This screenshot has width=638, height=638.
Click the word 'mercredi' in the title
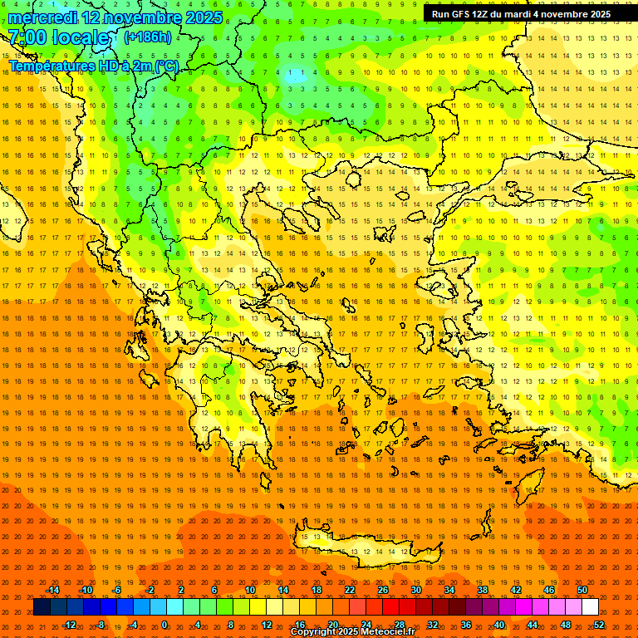pos(42,17)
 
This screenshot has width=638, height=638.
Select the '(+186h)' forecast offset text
pos(147,37)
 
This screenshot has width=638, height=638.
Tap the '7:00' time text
pos(27,37)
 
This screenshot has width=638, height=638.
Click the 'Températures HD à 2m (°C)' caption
pos(94,66)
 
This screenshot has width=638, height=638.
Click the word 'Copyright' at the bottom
pos(315,632)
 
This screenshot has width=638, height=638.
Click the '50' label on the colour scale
pos(582,590)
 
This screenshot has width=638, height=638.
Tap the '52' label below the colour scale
pos(599,625)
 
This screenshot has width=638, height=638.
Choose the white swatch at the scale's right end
pos(590,607)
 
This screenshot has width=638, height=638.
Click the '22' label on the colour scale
pos(350,590)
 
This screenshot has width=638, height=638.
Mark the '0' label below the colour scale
pos(164,625)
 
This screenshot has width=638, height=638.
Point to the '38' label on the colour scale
pos(482,590)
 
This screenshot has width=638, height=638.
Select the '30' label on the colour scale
pos(415,590)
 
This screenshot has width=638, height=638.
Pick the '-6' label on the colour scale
pos(116,590)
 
